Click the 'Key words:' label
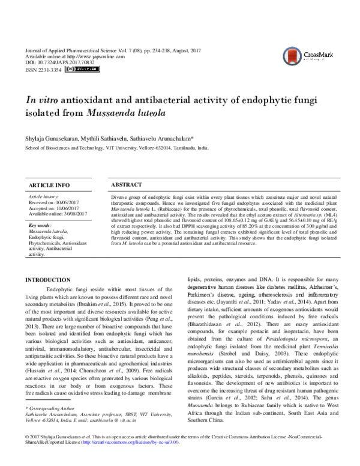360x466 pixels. pos(41,225)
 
